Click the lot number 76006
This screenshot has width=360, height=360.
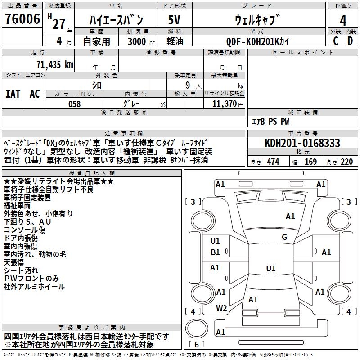tap(22, 19)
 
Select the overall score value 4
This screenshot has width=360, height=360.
tap(343, 20)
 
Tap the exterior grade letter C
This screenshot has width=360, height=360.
tap(335, 41)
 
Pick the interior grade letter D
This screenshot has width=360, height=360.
tap(350, 41)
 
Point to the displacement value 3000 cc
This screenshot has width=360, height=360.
tap(140, 42)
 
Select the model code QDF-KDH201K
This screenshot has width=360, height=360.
tap(258, 42)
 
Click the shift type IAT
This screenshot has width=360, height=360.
tap(13, 94)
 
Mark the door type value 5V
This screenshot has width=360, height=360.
tap(174, 20)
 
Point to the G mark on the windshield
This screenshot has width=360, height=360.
tap(284, 237)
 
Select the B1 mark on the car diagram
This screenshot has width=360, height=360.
tap(215, 252)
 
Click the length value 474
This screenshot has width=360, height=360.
tap(273, 162)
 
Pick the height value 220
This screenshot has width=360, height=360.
tap(346, 162)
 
